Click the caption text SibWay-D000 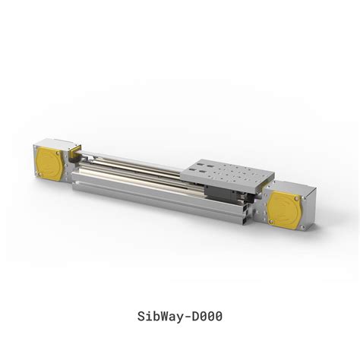(x=179, y=314)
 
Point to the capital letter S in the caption (x=140, y=314)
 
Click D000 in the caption (x=206, y=314)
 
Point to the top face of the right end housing (x=292, y=185)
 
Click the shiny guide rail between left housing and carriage (x=129, y=168)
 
